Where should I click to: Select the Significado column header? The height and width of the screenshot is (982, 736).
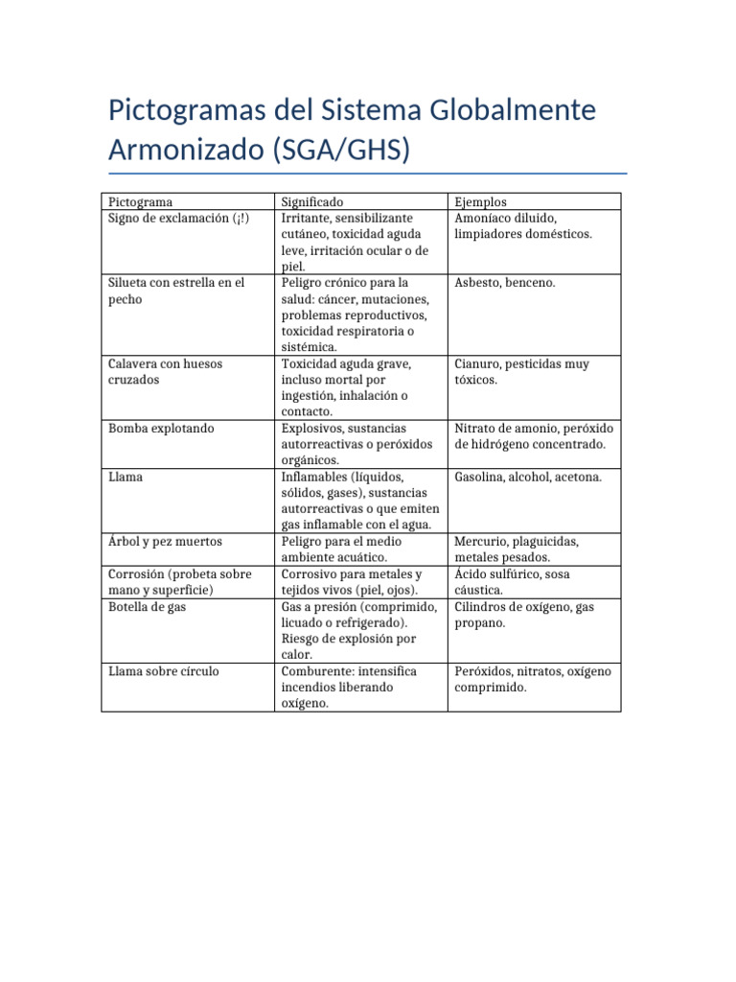point(311,202)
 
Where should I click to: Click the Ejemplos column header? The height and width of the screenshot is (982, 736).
point(480,202)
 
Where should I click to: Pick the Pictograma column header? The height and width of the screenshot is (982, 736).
point(141,202)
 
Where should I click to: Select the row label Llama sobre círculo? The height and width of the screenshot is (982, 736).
point(164,671)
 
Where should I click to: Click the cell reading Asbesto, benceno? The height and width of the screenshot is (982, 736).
point(505,283)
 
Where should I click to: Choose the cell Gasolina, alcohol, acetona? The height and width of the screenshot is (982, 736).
point(528,477)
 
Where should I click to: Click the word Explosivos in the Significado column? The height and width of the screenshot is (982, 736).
point(312,429)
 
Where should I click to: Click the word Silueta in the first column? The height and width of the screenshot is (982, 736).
point(129,283)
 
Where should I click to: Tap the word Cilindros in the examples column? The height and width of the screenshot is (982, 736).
point(482,607)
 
